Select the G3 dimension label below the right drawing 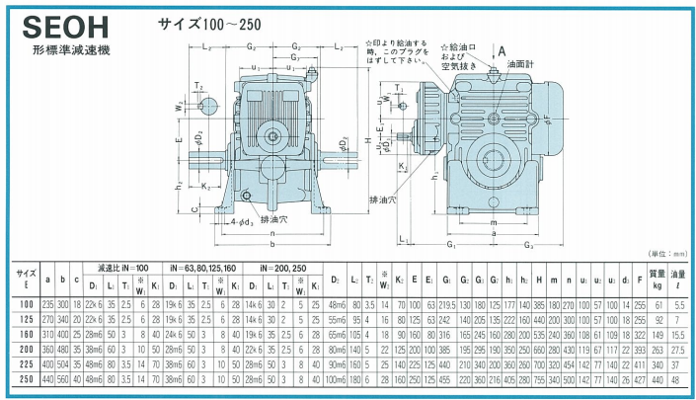tap(530, 246)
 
